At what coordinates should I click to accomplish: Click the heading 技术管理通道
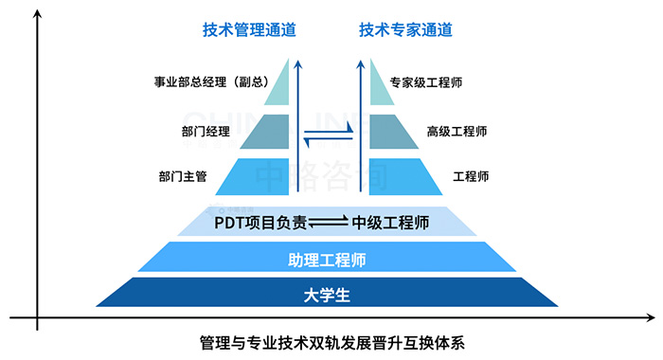coord(249,30)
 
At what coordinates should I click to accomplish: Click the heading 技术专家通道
coord(405,30)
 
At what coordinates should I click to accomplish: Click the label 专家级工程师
coord(425,82)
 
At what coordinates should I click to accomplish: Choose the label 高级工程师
coord(457,131)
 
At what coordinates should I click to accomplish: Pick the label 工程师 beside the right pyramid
coord(471,176)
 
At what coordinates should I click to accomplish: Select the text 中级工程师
coord(391,223)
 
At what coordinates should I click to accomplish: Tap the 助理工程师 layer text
coord(327,259)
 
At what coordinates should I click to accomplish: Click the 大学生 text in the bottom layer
coord(327,295)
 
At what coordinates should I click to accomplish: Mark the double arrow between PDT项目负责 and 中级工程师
coord(329,223)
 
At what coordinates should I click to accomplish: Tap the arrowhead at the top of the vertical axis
coord(36,18)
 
